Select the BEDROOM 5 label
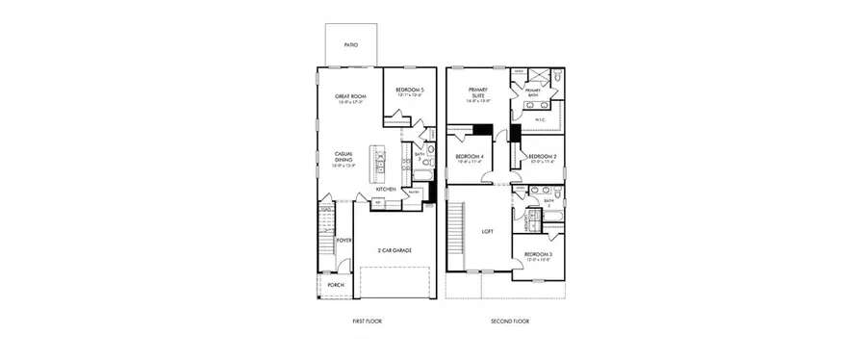pyautogui.click(x=410, y=90)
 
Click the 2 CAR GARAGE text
pyautogui.click(x=395, y=250)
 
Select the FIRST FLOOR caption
pyautogui.click(x=367, y=321)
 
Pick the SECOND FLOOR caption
pyautogui.click(x=509, y=321)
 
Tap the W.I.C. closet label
pyautogui.click(x=541, y=120)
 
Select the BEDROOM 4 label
pyautogui.click(x=470, y=156)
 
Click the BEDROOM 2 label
pyautogui.click(x=543, y=156)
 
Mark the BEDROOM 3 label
pyautogui.click(x=537, y=255)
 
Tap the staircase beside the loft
pyautogui.click(x=458, y=231)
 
